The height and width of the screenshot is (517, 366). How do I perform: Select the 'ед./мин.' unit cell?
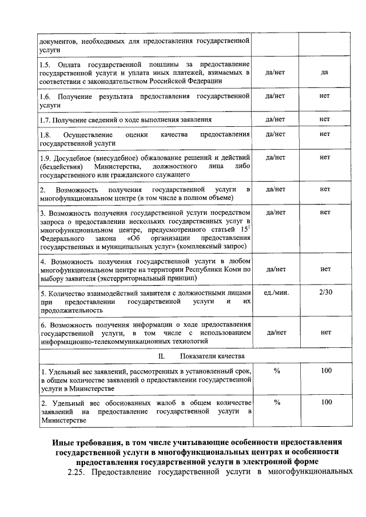click(276, 292)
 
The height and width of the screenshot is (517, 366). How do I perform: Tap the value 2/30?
click(325, 292)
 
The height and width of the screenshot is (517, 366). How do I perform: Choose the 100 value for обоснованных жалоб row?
click(326, 402)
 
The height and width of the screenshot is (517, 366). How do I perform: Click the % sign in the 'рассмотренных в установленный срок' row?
click(276, 371)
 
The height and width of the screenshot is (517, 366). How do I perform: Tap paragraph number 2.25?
click(78, 473)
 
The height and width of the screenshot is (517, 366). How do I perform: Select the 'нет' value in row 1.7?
click(325, 119)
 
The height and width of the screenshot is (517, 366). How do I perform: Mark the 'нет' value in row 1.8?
click(325, 134)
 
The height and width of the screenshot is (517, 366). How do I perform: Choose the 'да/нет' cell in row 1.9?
click(276, 157)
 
